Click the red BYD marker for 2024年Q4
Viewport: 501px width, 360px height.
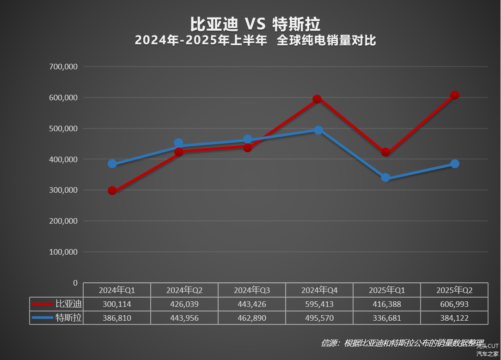pos(317,99)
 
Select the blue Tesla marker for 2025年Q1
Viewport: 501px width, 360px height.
pos(385,178)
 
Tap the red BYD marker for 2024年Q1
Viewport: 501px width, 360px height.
pos(112,190)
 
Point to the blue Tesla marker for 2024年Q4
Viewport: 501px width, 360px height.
pos(318,130)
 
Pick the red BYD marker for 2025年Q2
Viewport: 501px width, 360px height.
pos(455,95)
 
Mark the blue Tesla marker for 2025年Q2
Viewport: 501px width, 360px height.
pos(455,164)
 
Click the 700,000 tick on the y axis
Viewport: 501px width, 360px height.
pos(63,67)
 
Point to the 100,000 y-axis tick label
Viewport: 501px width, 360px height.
pos(63,252)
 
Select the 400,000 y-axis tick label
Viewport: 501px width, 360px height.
pos(63,159)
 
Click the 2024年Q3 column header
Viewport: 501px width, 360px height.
pos(252,290)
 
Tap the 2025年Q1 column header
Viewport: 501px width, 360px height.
pos(387,290)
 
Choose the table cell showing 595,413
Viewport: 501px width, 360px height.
pos(319,304)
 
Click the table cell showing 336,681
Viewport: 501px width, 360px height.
pos(387,318)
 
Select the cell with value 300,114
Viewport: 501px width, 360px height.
pos(117,304)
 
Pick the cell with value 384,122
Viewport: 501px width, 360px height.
pos(454,318)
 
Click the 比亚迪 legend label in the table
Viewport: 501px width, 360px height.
pos(68,304)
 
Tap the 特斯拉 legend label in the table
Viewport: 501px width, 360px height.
pos(68,318)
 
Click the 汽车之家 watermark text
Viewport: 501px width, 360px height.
pos(488,354)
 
